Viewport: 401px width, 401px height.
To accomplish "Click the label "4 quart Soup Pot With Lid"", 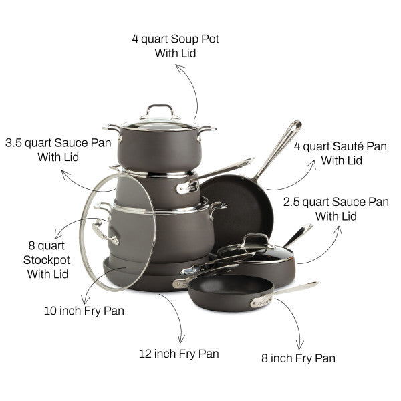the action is (x=175, y=46).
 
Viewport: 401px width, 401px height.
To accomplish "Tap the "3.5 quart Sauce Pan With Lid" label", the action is (x=58, y=150).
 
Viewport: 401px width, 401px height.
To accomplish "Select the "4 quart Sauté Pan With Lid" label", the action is (x=340, y=154).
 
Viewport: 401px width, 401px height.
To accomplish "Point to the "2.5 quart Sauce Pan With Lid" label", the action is (x=336, y=209).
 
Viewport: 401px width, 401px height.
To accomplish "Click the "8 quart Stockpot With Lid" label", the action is (x=47, y=260).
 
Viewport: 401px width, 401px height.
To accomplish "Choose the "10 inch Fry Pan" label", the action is (x=84, y=311).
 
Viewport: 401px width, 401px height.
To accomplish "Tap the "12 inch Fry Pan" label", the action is (x=178, y=354).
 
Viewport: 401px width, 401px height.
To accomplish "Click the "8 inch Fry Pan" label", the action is (x=298, y=358).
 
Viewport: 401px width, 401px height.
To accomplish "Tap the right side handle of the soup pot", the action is (x=206, y=131).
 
